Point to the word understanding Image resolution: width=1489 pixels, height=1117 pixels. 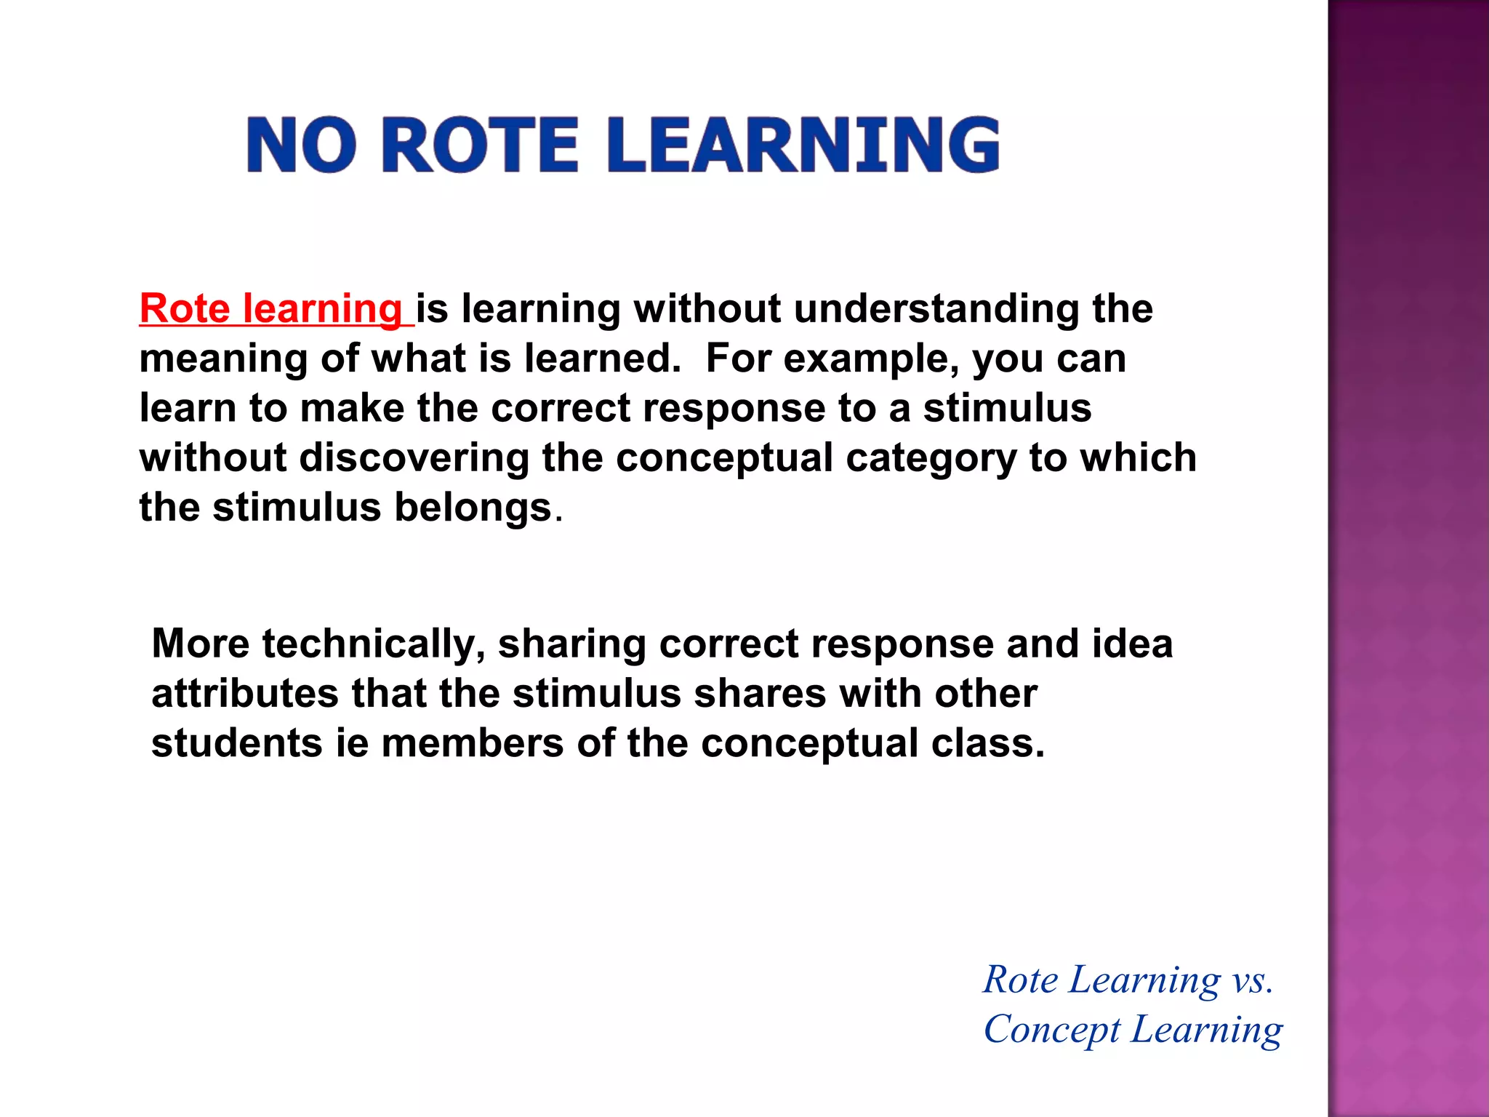[936, 308]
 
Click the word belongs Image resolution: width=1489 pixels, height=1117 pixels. [473, 508]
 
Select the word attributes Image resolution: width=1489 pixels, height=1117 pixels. [244, 694]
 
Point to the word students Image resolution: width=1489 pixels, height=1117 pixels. [236, 743]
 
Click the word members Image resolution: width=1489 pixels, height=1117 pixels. [472, 743]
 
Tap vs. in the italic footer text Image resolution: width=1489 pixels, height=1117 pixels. [1252, 980]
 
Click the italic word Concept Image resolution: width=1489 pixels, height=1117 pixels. [1051, 1030]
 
